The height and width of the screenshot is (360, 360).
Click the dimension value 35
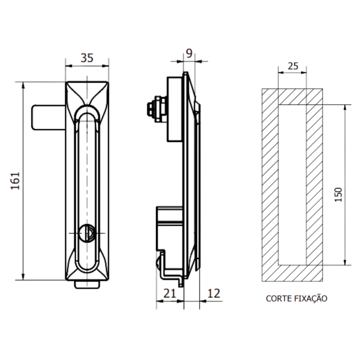tap(87, 58)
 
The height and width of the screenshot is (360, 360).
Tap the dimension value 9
tap(189, 53)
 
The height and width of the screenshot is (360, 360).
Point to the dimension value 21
tap(169, 293)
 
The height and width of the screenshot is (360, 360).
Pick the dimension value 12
tap(213, 293)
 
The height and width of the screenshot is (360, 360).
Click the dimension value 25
tap(292, 66)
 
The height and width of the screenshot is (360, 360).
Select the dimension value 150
tap(338, 194)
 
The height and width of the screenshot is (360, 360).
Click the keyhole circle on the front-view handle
tap(87, 233)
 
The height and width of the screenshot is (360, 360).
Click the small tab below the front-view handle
tap(87, 285)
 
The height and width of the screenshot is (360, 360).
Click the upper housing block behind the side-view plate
tap(175, 109)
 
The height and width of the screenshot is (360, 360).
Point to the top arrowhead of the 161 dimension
tap(23, 85)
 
